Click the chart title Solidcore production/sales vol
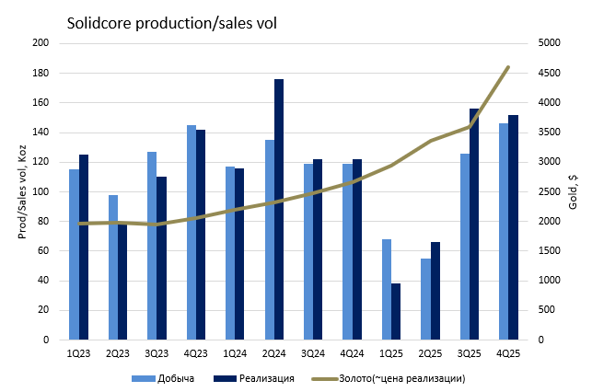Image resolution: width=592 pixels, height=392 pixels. click(171, 21)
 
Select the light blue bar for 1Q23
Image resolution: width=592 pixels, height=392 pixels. click(74, 254)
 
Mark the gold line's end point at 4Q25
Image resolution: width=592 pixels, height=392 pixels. click(508, 67)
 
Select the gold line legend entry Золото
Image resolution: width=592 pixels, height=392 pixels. click(388, 378)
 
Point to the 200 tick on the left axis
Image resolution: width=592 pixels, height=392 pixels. click(41, 43)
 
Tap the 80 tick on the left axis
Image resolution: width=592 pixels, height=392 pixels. click(43, 221)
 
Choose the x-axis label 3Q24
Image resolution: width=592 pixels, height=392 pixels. click(313, 352)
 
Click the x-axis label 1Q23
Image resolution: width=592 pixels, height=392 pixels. click(78, 352)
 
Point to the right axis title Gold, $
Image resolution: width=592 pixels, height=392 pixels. click(573, 191)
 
